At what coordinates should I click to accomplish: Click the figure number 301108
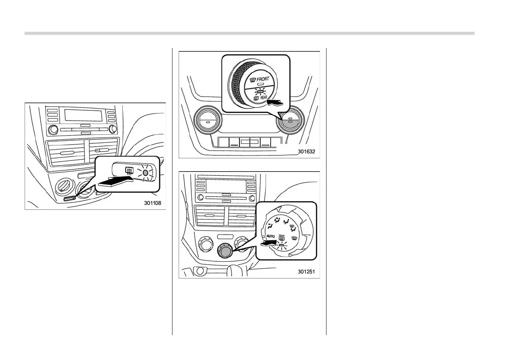click(152, 203)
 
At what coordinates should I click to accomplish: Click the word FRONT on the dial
click(263, 79)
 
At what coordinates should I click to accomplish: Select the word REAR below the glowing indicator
click(263, 98)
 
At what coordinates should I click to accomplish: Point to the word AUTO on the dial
click(270, 236)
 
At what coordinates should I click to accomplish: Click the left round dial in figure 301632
click(208, 121)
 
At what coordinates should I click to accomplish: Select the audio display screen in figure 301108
click(83, 115)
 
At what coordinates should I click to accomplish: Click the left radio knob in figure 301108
click(53, 129)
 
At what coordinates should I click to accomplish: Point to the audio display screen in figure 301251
click(226, 185)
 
